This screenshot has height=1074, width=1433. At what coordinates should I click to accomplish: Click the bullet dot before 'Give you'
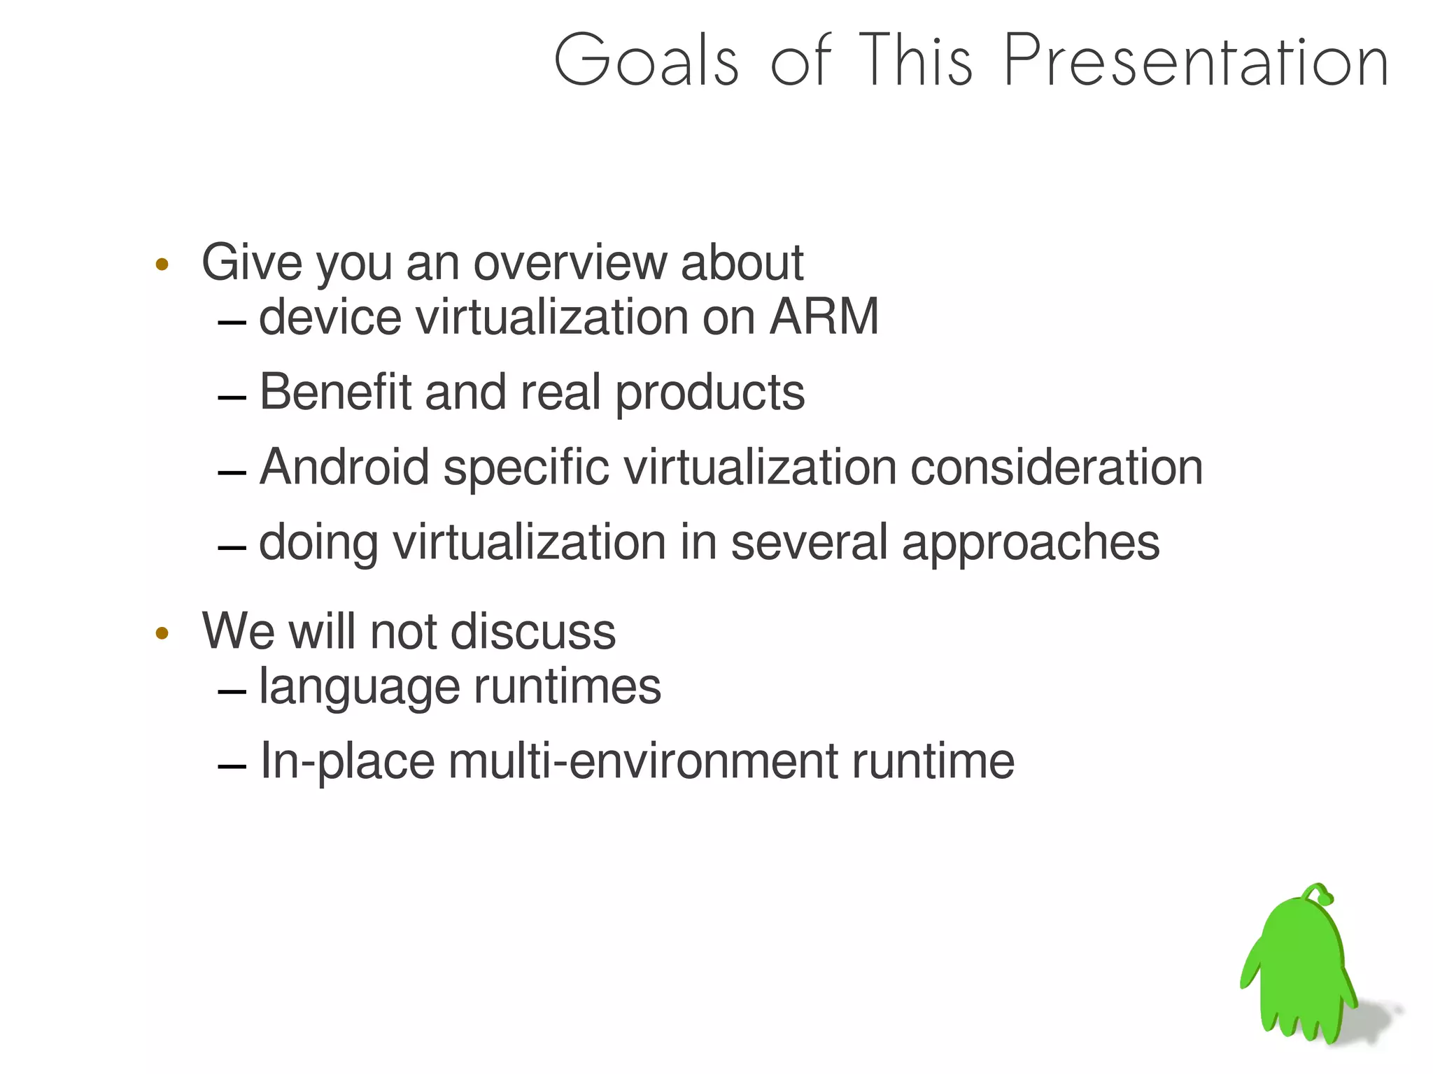coord(162,264)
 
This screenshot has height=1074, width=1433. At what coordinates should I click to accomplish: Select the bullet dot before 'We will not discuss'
coord(162,634)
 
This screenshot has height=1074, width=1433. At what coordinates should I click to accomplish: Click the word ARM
coord(824,317)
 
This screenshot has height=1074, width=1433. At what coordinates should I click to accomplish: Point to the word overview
coord(570,263)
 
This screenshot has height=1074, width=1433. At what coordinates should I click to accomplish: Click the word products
coord(710,393)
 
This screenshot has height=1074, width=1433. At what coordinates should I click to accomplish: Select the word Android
coord(344,467)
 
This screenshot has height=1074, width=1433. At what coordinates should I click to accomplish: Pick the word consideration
coord(1056,467)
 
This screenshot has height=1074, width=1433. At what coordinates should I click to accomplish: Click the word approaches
coord(1030,543)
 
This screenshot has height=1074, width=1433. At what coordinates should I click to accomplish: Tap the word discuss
coord(533,631)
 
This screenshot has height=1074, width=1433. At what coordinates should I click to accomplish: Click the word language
coord(359,687)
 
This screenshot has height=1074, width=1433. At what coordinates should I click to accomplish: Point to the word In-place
coord(346,761)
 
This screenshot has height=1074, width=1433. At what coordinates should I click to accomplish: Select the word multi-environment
coord(642,761)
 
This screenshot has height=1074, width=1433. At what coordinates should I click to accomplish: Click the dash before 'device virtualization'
coord(232,323)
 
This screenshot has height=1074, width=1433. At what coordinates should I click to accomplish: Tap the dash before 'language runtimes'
coord(232,692)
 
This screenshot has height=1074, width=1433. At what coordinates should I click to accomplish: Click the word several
coord(809,542)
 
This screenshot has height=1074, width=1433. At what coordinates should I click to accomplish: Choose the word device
coord(330,317)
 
